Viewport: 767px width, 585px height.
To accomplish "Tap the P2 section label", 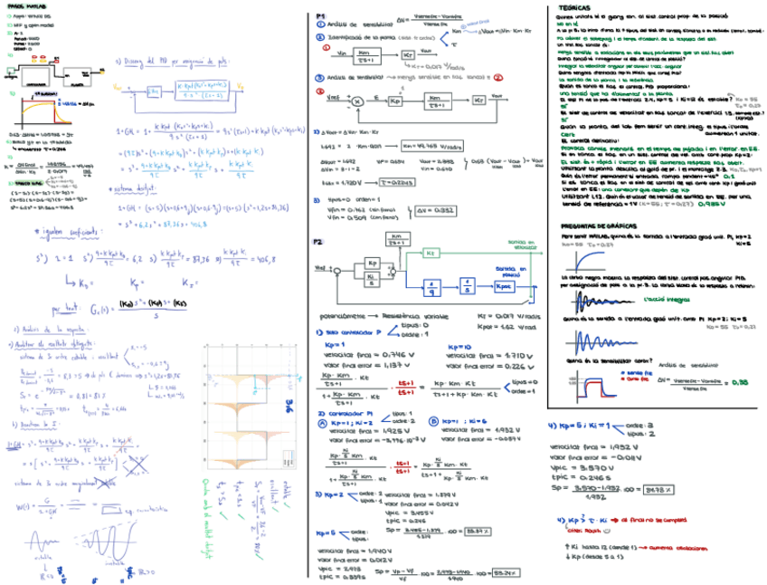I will [318, 242].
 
